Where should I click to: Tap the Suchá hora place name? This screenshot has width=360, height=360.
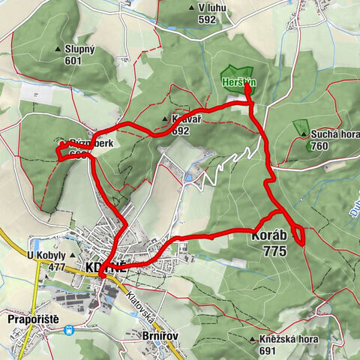pyautogui.click(x=334, y=135)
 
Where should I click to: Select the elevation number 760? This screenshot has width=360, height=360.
pyautogui.click(x=319, y=145)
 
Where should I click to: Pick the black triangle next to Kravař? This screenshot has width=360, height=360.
pyautogui.click(x=164, y=119)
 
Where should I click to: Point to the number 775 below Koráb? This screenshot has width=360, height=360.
pyautogui.click(x=275, y=253)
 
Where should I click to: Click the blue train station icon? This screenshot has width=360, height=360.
pyautogui.click(x=70, y=329)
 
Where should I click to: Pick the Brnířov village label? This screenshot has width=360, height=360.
pyautogui.click(x=160, y=335)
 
